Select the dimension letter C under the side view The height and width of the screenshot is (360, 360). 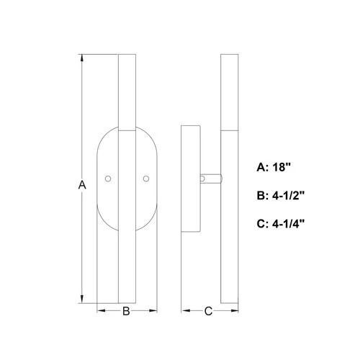click(208, 312)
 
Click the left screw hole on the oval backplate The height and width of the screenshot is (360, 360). click(109, 177)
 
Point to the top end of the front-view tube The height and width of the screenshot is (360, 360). click(126, 55)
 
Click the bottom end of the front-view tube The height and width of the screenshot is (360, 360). click(126, 302)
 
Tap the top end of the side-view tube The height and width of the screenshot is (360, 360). click(229, 55)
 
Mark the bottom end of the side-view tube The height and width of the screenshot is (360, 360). click(229, 302)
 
